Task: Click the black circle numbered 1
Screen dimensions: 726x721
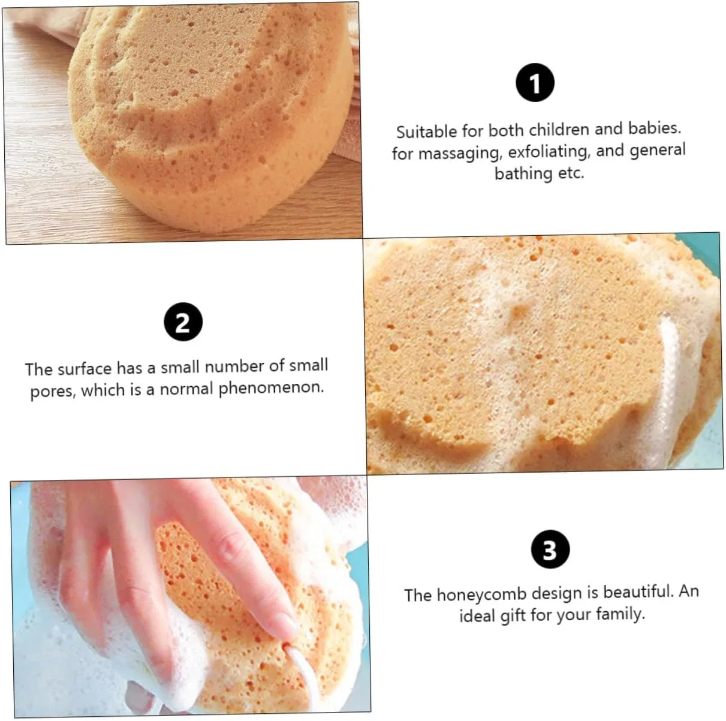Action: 535,83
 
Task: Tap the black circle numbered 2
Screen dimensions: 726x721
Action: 183,322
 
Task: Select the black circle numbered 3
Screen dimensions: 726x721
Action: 550,549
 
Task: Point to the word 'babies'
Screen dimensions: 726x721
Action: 655,128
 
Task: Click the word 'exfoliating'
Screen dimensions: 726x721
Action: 550,152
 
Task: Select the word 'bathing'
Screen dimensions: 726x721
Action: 523,174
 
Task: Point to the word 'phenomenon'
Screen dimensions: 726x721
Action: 271,388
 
